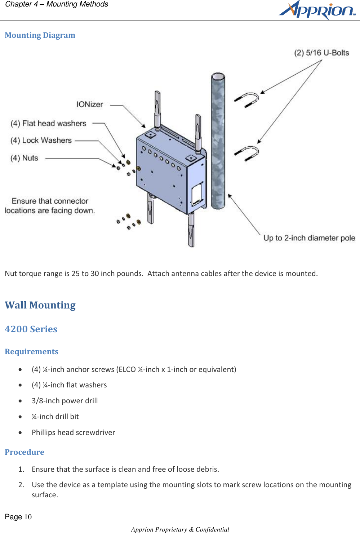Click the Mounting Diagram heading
pyautogui.click(x=40, y=35)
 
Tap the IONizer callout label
pyautogui.click(x=89, y=105)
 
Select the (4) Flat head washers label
pyautogui.click(x=48, y=124)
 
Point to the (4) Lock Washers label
pyautogui.click(x=41, y=141)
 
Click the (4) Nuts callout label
pyautogui.click(x=24, y=158)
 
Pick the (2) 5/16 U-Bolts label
pyautogui.click(x=321, y=53)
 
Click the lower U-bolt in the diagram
pyautogui.click(x=249, y=153)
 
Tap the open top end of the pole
pyautogui.click(x=218, y=77)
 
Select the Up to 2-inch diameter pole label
pyautogui.click(x=309, y=238)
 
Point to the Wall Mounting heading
pyautogui.click(x=40, y=305)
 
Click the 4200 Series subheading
pyautogui.click(x=31, y=329)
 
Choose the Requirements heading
pyautogui.click(x=31, y=352)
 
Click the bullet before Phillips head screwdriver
pyautogui.click(x=21, y=432)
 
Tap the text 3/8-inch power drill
pyautogui.click(x=65, y=401)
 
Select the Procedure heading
pyautogui.click(x=25, y=452)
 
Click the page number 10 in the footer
pyautogui.click(x=28, y=517)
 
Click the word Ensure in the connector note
pyautogui.click(x=24, y=201)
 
